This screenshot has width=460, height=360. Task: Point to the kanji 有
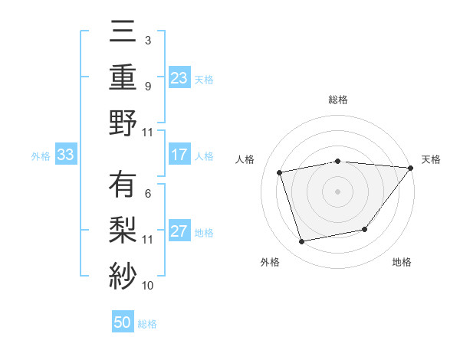click(123, 185)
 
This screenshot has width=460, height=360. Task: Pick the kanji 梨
click(123, 230)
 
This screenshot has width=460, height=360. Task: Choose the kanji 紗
click(123, 273)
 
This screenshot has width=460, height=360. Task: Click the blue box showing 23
click(179, 78)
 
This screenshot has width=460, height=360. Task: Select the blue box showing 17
click(179, 155)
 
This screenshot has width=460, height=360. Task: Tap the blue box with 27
click(179, 232)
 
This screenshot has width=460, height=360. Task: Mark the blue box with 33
click(65, 155)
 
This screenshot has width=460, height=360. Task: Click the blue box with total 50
click(123, 323)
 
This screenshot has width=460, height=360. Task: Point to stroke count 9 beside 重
click(147, 86)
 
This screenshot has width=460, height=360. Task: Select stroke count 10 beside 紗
click(148, 286)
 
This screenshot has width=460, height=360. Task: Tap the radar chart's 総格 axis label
click(337, 100)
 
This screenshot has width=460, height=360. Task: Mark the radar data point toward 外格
click(302, 242)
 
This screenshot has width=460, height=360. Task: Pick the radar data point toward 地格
click(365, 229)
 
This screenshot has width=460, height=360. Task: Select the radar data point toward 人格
click(280, 172)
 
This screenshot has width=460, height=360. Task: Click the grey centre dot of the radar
click(337, 191)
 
